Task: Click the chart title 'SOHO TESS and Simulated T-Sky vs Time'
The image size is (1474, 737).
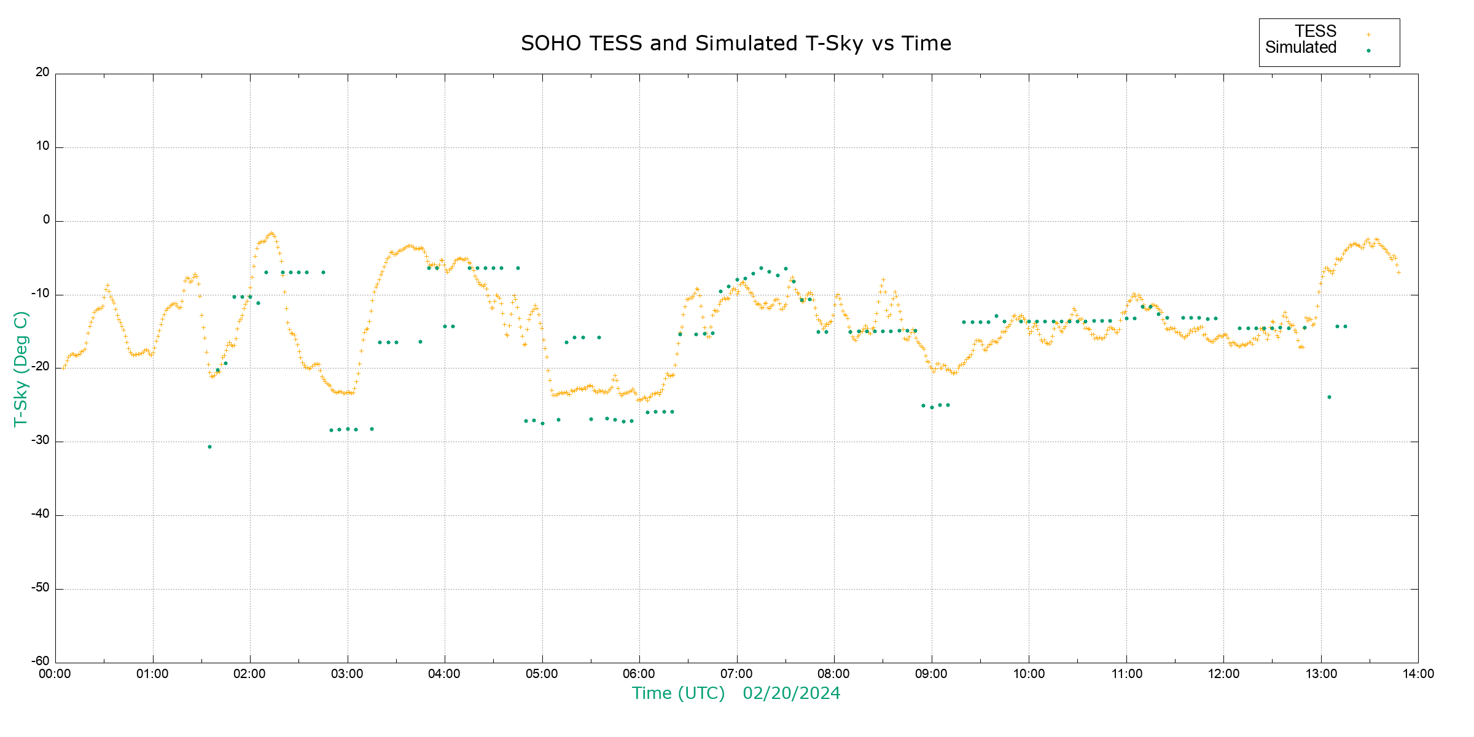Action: (736, 44)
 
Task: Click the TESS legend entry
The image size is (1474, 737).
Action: (1316, 31)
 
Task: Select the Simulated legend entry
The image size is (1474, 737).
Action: (1301, 48)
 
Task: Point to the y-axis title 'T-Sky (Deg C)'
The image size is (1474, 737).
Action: (21, 368)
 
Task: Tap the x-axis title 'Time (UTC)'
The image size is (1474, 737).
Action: (678, 693)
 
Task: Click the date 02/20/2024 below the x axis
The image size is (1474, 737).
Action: (791, 693)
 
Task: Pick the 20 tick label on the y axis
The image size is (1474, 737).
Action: (42, 72)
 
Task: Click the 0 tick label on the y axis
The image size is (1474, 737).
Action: (46, 220)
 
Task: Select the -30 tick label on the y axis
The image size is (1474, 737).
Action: (41, 440)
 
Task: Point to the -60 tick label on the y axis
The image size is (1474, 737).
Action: (41, 661)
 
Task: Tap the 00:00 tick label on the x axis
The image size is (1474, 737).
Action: (55, 674)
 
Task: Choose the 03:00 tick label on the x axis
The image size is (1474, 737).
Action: (348, 674)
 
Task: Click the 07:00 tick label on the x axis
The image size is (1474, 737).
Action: (736, 674)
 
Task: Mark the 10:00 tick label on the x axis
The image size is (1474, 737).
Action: (1029, 674)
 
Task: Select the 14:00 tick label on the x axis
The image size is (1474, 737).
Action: (1418, 674)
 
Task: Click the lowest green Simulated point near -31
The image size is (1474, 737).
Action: (209, 446)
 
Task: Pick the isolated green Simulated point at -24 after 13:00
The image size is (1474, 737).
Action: (1329, 397)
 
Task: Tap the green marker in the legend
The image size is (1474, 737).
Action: (1368, 50)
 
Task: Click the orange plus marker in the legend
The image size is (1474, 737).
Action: (1368, 34)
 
